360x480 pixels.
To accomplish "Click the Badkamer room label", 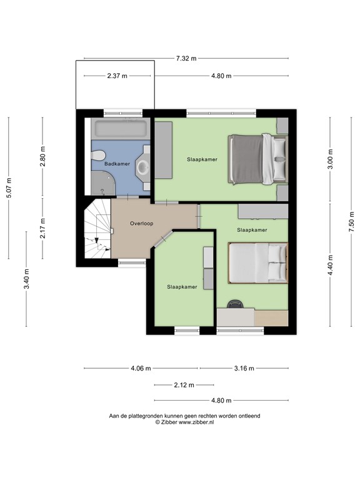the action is [117, 164].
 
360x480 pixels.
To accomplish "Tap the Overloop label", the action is [141, 224].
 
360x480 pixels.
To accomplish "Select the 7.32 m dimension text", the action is [186, 59].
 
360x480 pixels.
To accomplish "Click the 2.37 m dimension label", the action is [117, 76].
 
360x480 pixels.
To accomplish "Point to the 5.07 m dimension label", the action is [9, 187].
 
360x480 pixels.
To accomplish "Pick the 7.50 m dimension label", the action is [351, 222].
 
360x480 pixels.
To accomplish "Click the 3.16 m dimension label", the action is [244, 368].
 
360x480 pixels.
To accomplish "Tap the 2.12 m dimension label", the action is [184, 385].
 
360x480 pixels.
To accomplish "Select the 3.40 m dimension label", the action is [27, 279].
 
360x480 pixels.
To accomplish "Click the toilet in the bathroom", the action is [97, 155].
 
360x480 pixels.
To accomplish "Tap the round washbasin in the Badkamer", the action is [142, 167].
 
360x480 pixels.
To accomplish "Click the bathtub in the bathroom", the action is [121, 129].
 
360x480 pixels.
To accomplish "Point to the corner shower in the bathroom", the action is [102, 183].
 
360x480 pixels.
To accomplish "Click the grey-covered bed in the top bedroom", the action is [257, 159].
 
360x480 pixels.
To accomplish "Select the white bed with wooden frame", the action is [258, 262].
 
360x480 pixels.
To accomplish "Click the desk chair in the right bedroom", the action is [235, 304].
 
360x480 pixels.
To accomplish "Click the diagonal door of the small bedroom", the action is [163, 238].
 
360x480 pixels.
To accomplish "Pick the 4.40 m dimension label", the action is [330, 265].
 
